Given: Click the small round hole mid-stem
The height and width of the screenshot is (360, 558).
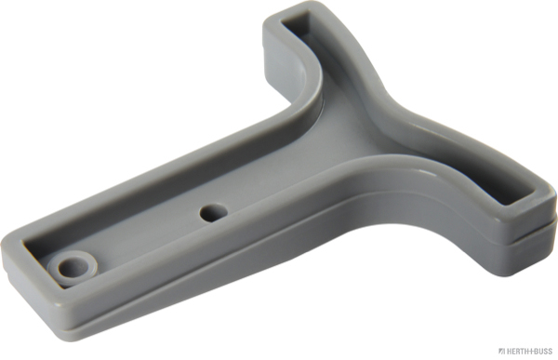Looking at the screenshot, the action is click(214, 212).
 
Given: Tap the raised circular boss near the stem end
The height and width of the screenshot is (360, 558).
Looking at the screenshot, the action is click(73, 267).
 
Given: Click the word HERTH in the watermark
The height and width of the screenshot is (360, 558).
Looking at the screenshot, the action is click(518, 352).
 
